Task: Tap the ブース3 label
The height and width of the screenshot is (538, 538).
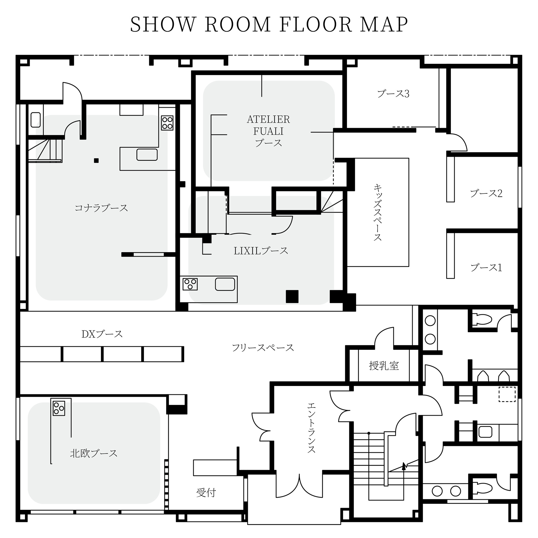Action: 393,93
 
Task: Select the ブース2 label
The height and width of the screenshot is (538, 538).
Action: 486,193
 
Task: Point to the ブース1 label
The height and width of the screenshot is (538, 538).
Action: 486,268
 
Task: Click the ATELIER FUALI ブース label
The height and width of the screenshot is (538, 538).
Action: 268,131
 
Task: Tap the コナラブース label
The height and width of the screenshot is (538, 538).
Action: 101,208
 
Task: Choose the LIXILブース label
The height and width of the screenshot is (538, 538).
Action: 261,251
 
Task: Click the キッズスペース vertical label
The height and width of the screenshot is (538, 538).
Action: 378,212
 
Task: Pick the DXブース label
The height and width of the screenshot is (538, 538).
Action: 102,334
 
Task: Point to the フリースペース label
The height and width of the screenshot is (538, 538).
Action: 263,348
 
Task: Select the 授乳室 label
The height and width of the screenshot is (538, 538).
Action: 384,366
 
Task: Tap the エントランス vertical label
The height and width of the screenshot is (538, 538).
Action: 311,428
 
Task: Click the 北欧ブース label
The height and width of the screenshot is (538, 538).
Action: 94,453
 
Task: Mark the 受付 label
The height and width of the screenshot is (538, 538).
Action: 206,493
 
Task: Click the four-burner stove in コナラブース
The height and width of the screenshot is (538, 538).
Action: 167,123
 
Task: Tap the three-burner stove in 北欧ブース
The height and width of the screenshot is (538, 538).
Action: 59,408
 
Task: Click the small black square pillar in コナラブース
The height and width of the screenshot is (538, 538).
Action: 96,161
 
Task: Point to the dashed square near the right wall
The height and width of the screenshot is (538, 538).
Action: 507,394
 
